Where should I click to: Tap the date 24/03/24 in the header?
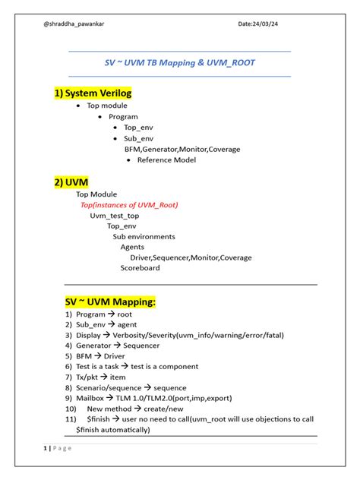257,24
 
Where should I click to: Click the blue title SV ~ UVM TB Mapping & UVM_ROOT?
179,64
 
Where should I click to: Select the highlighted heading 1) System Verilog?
93,93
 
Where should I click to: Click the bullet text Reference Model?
166,160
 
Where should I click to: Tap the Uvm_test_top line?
115,216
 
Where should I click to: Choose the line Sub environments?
144,236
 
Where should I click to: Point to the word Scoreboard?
140,268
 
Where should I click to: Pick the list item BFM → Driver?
100,356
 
